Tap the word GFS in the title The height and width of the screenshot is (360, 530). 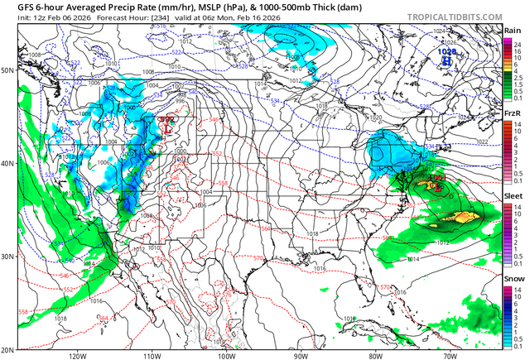tap(14, 7)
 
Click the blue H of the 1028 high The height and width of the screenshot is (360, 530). tap(446, 60)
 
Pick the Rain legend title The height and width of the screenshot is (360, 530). tap(513, 30)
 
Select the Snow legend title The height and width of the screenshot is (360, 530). tap(513, 279)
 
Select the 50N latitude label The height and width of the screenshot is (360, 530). tap(8, 70)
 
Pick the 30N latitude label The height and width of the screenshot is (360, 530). tap(8, 257)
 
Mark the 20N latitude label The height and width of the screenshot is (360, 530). tap(8, 350)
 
